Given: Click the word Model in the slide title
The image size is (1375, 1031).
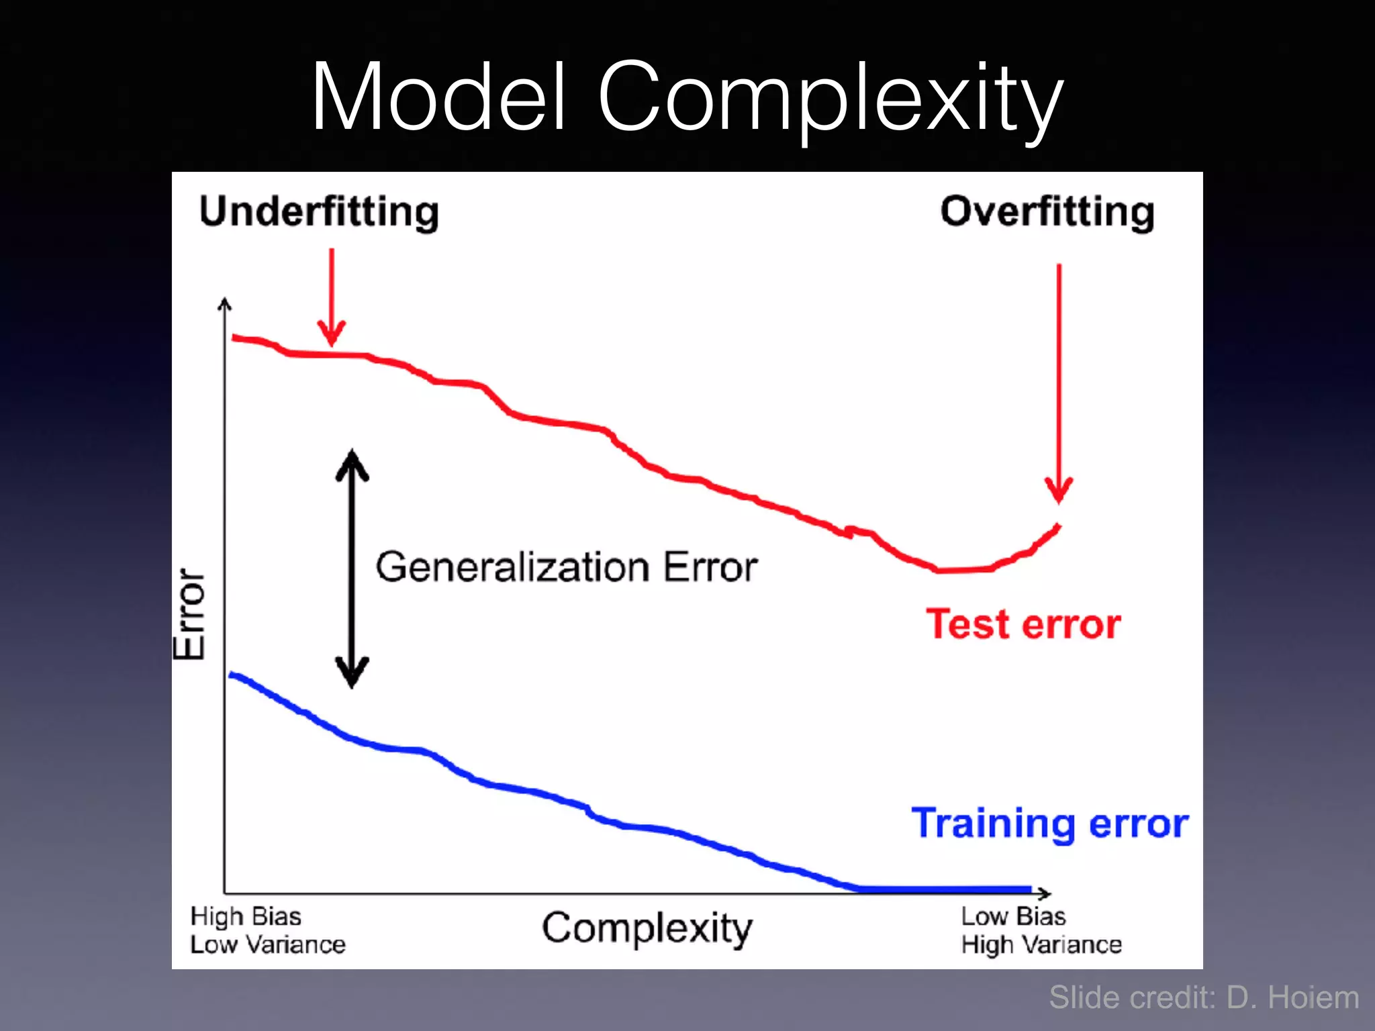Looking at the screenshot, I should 440,97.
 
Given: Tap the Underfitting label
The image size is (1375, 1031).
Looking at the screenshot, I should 319,213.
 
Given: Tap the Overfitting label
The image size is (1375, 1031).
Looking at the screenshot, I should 1047,213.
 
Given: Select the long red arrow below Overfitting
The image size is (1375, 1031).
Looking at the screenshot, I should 1059,383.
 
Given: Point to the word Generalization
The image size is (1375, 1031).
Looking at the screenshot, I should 512,568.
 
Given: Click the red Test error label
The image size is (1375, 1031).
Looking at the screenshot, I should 1023,624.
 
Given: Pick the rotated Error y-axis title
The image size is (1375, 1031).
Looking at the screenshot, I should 189,613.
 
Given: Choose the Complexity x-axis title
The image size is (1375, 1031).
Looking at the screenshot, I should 647,929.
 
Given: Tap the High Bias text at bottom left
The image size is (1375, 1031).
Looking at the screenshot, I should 246,916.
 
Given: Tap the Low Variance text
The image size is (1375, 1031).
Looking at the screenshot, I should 268,945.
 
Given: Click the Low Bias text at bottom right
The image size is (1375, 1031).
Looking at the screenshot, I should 1013,916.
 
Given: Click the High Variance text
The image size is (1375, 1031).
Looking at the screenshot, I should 1041,945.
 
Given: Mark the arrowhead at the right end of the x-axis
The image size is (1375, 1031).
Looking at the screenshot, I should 1044,893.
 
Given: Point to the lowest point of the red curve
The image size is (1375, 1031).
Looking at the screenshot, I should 953,570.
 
